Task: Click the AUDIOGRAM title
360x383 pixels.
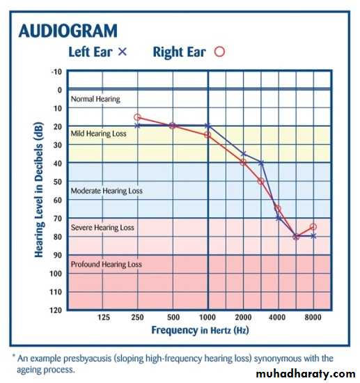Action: coord(68,31)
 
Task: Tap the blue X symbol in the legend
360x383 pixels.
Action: coord(123,52)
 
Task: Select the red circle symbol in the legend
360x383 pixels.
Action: coord(219,52)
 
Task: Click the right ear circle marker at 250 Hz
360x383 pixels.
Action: coord(137,118)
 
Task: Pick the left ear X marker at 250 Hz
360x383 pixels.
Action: coord(137,126)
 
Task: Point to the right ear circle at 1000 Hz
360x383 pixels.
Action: coord(208,134)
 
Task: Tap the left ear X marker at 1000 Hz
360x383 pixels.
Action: coord(208,126)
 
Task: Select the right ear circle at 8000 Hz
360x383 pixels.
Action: coord(313,227)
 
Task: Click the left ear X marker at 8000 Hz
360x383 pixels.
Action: coord(313,236)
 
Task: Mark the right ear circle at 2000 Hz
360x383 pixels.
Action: coord(243,162)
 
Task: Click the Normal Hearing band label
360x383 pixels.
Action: coord(95,99)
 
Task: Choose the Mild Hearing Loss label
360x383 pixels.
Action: coord(98,134)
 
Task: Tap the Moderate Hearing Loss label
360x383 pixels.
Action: coord(107,191)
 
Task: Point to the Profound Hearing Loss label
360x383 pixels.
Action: coord(107,265)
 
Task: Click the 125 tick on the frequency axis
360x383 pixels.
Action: coord(104,318)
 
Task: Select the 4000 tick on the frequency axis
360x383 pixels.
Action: coord(277,318)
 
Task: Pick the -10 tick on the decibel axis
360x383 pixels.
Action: coord(56,72)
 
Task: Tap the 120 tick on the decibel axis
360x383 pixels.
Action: coord(56,310)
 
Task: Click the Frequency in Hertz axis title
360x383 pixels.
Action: coord(200,331)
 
